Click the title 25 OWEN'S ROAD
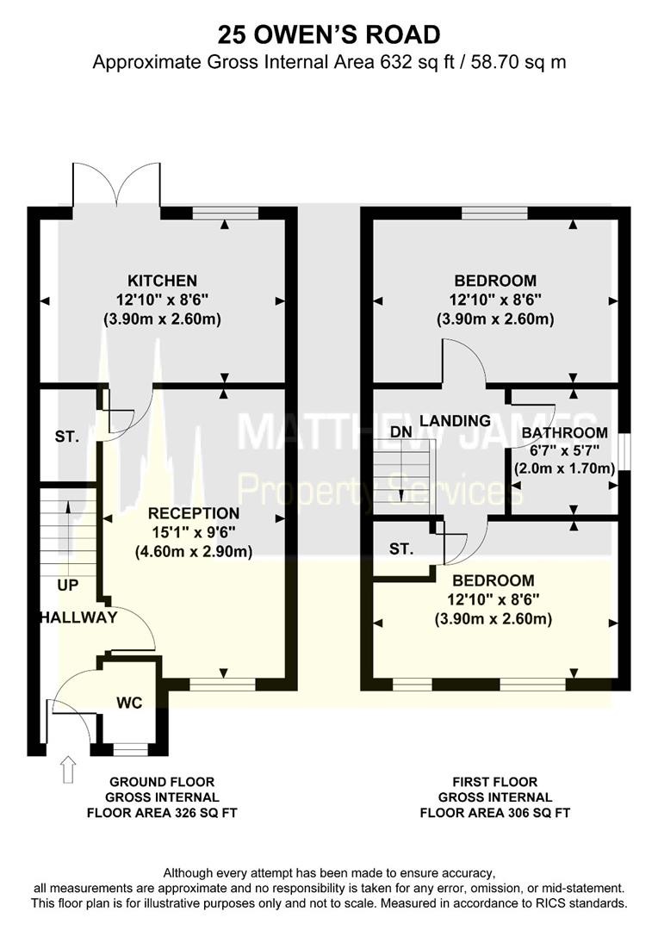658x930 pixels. point(329,34)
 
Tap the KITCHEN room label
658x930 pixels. point(163,280)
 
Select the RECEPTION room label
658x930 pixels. point(194,513)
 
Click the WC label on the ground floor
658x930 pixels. point(129,703)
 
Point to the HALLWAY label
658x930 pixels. point(78,617)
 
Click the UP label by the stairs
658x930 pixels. point(68,586)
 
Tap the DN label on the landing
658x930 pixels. point(401,431)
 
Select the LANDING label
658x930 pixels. point(455,420)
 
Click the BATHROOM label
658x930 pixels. point(564,433)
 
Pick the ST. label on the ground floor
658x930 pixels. point(66,437)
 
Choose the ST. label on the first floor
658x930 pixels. point(401,549)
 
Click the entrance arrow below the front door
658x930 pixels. point(68,769)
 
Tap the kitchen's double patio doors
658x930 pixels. point(116,184)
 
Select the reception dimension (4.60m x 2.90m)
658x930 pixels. point(194,552)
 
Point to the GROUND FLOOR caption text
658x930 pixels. point(162,782)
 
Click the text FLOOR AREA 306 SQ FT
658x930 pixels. point(495,813)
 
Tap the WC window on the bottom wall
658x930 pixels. point(130,750)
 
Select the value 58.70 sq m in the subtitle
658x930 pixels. point(518,62)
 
